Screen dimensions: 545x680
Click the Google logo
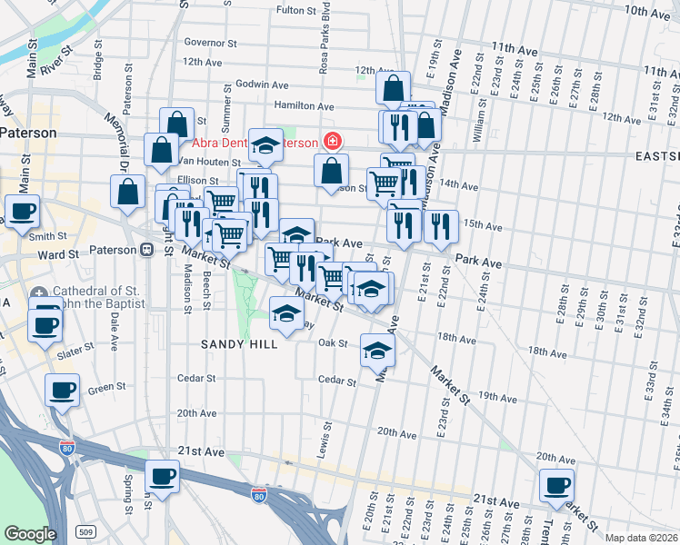(29, 534)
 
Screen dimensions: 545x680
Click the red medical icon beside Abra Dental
(333, 142)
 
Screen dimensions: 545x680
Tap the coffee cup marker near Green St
(62, 390)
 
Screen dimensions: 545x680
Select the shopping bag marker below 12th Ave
(394, 89)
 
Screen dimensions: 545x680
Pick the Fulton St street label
(302, 11)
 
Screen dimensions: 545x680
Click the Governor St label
(210, 42)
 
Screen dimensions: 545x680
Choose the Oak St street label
(334, 343)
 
